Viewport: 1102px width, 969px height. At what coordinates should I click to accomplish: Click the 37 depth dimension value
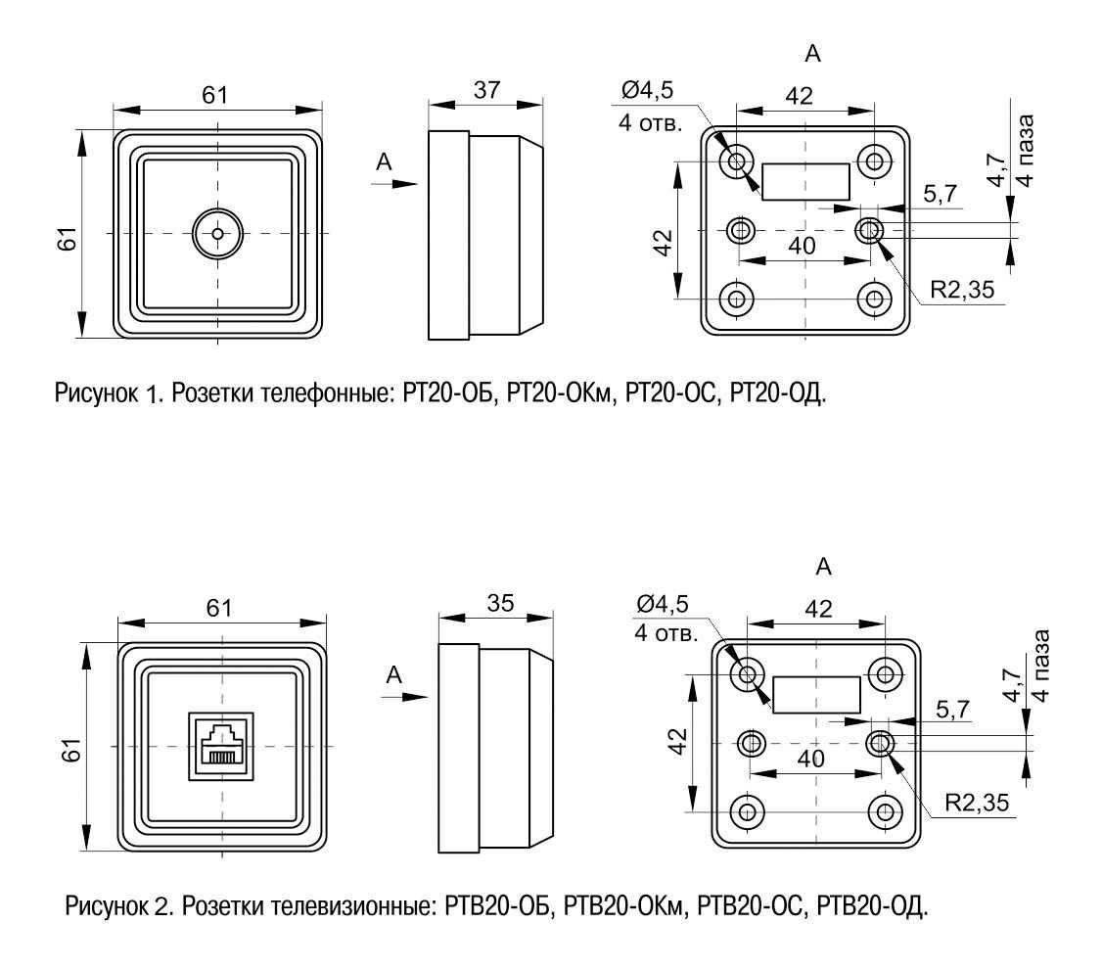click(x=486, y=90)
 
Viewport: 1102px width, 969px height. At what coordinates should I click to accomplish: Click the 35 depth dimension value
click(x=500, y=603)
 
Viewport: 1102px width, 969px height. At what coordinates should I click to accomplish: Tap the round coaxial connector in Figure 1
click(x=218, y=234)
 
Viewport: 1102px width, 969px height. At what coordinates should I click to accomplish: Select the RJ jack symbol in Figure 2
click(x=221, y=746)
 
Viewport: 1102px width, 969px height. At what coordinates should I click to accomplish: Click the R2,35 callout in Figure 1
click(x=962, y=290)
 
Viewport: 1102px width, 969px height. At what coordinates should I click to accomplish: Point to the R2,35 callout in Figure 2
click(x=976, y=803)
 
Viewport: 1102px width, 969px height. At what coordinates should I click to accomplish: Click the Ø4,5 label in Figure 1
click(x=647, y=90)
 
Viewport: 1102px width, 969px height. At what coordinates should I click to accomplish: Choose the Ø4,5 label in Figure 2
click(x=662, y=604)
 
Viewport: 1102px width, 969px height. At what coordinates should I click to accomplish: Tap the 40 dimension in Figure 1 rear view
click(x=802, y=246)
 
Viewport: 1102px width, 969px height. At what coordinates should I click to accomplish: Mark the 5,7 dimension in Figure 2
click(x=952, y=710)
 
